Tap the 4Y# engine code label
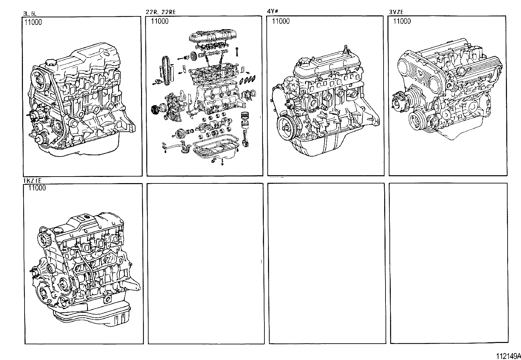pos(272,12)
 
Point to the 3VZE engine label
pos(396,12)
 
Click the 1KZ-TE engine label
pos(32,180)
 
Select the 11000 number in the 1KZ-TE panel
pos(37,188)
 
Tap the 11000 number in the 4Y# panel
pos(281,21)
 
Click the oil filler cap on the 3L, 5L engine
pos(50,63)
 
